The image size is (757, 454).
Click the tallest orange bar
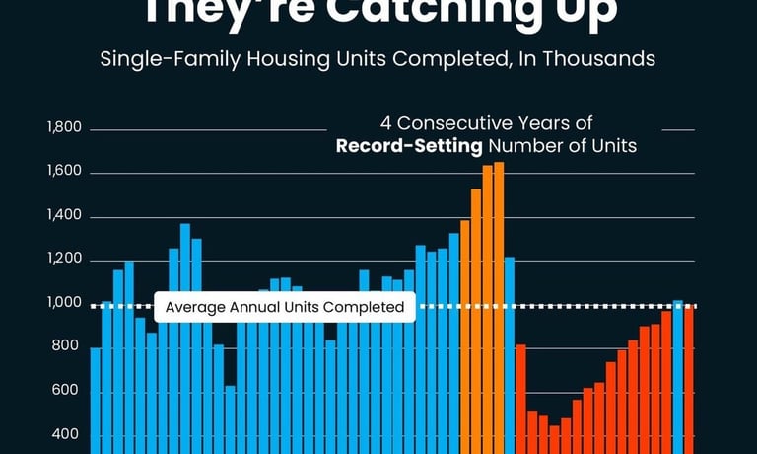[x=499, y=296]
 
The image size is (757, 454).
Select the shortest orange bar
[x=465, y=326]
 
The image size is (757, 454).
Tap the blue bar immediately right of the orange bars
[x=510, y=345]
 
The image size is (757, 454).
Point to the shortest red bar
[x=555, y=439]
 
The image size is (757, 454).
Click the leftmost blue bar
[x=96, y=395]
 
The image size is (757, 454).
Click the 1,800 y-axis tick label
[x=64, y=129]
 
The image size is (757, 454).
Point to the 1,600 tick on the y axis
[x=64, y=174]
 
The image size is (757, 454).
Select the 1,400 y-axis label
[x=64, y=217]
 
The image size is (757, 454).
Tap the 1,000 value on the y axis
[x=64, y=304]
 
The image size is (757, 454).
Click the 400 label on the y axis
[x=68, y=435]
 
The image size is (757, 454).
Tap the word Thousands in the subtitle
[x=604, y=59]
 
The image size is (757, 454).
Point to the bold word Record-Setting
[x=409, y=146]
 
